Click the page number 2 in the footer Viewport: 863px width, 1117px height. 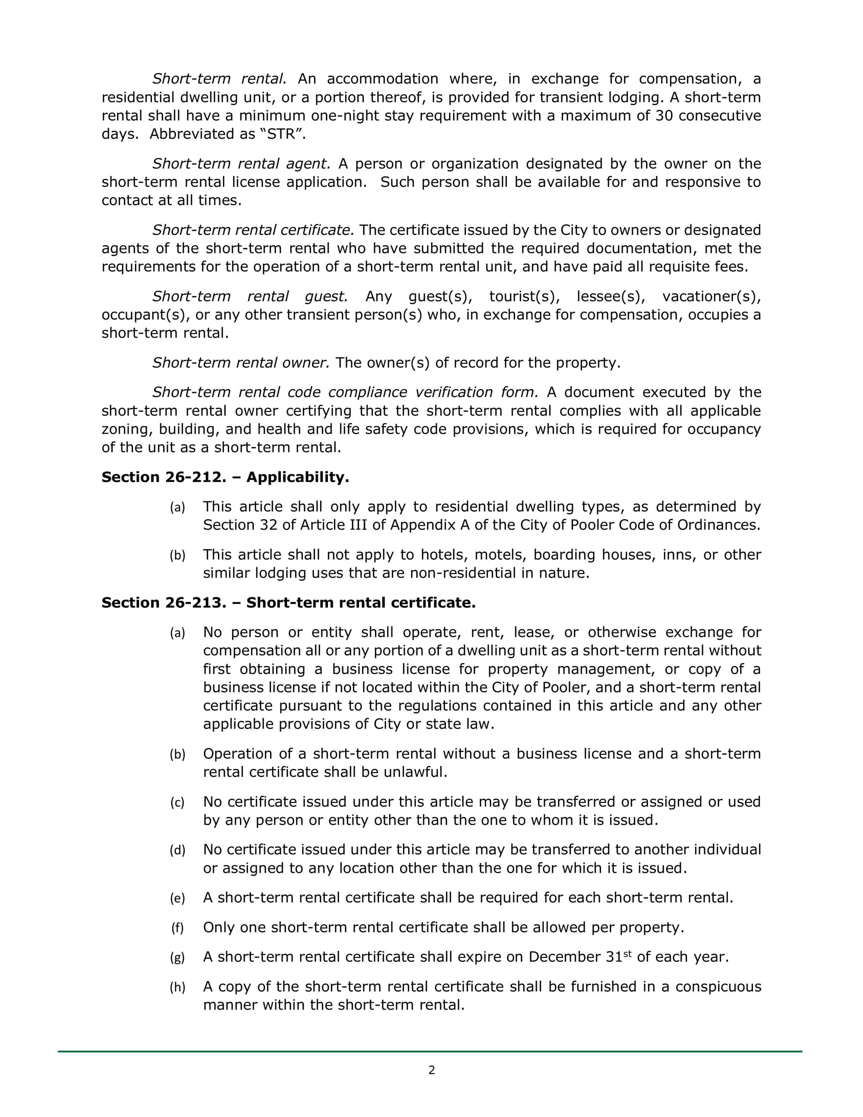click(431, 1070)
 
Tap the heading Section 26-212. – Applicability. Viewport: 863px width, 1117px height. click(225, 477)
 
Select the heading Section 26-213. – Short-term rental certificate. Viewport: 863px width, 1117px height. click(288, 603)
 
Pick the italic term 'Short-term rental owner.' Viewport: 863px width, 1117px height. click(241, 363)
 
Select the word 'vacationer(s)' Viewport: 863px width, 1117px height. click(711, 296)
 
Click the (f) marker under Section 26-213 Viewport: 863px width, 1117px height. click(177, 928)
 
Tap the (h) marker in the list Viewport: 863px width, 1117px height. click(177, 987)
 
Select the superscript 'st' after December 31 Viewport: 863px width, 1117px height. click(627, 953)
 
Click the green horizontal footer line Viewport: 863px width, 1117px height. click(429, 1051)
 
